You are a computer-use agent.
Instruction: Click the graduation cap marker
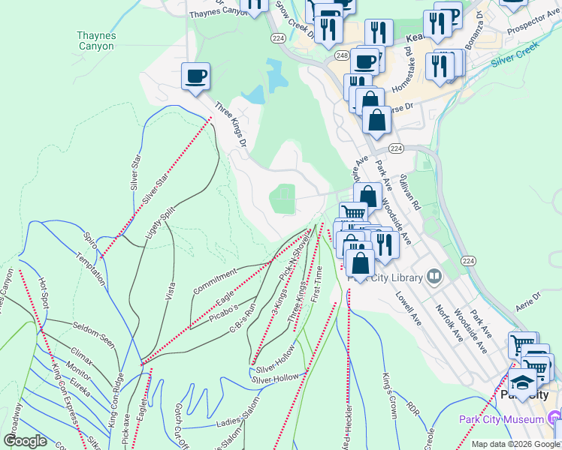click(x=521, y=386)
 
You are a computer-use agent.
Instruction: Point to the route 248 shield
click(x=342, y=56)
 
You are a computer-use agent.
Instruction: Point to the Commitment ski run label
click(x=214, y=280)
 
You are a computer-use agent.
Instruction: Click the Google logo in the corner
click(x=26, y=441)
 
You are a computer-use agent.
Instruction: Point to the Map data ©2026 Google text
click(x=515, y=444)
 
